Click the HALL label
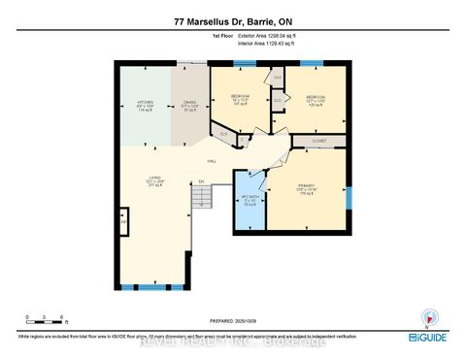point(211,160)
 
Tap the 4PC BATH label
point(250,203)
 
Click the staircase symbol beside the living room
point(200,199)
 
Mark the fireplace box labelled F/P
point(122,222)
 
